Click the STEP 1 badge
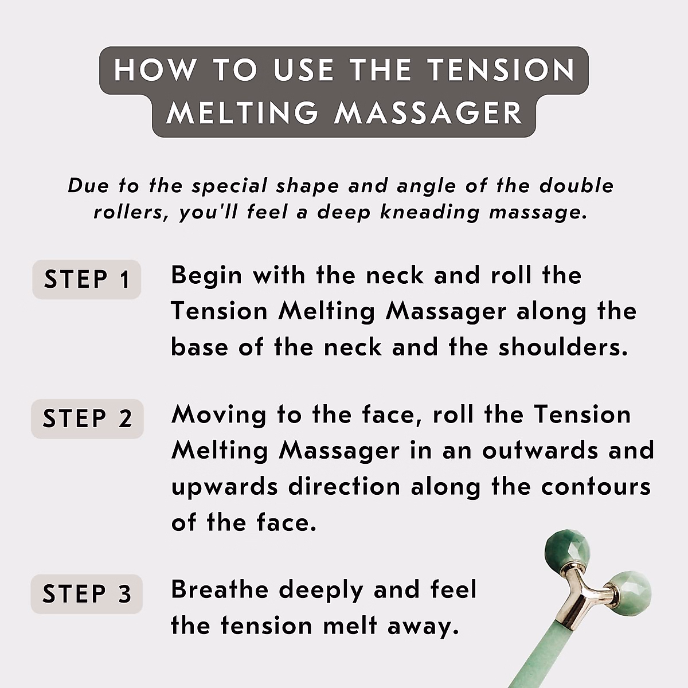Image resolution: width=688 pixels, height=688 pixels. (87, 279)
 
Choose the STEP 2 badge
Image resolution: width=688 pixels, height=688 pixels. (87, 419)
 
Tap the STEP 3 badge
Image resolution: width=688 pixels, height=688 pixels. (87, 593)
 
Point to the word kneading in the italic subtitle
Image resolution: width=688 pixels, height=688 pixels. (429, 212)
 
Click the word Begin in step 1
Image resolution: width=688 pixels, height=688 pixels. (206, 276)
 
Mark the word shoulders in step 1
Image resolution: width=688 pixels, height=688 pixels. (562, 347)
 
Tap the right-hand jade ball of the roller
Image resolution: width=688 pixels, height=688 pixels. (629, 592)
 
